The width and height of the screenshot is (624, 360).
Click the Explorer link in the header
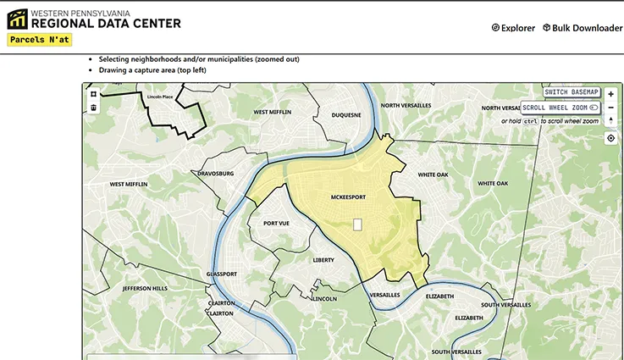tap(513, 28)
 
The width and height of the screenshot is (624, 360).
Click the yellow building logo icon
tap(17, 19)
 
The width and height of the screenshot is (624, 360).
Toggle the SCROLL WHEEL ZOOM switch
tap(594, 108)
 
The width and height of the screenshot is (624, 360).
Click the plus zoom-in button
tap(611, 94)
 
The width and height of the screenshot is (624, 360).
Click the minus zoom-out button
tap(611, 108)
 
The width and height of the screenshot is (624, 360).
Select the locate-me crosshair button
tap(611, 138)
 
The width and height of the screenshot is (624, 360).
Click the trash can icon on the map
tap(94, 108)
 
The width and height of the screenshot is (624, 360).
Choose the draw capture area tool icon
tap(94, 94)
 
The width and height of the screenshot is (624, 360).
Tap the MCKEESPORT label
tap(348, 197)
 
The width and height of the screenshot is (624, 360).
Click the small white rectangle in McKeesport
tap(357, 224)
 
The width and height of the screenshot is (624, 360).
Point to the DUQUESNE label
tap(345, 115)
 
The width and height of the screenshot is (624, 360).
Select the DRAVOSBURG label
tap(215, 173)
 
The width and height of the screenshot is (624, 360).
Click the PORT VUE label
tap(276, 224)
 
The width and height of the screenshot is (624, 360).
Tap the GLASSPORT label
tap(222, 274)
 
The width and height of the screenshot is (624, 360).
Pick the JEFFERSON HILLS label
tap(145, 288)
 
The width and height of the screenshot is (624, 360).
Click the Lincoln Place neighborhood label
tap(160, 97)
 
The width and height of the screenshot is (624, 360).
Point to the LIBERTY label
tap(323, 260)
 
